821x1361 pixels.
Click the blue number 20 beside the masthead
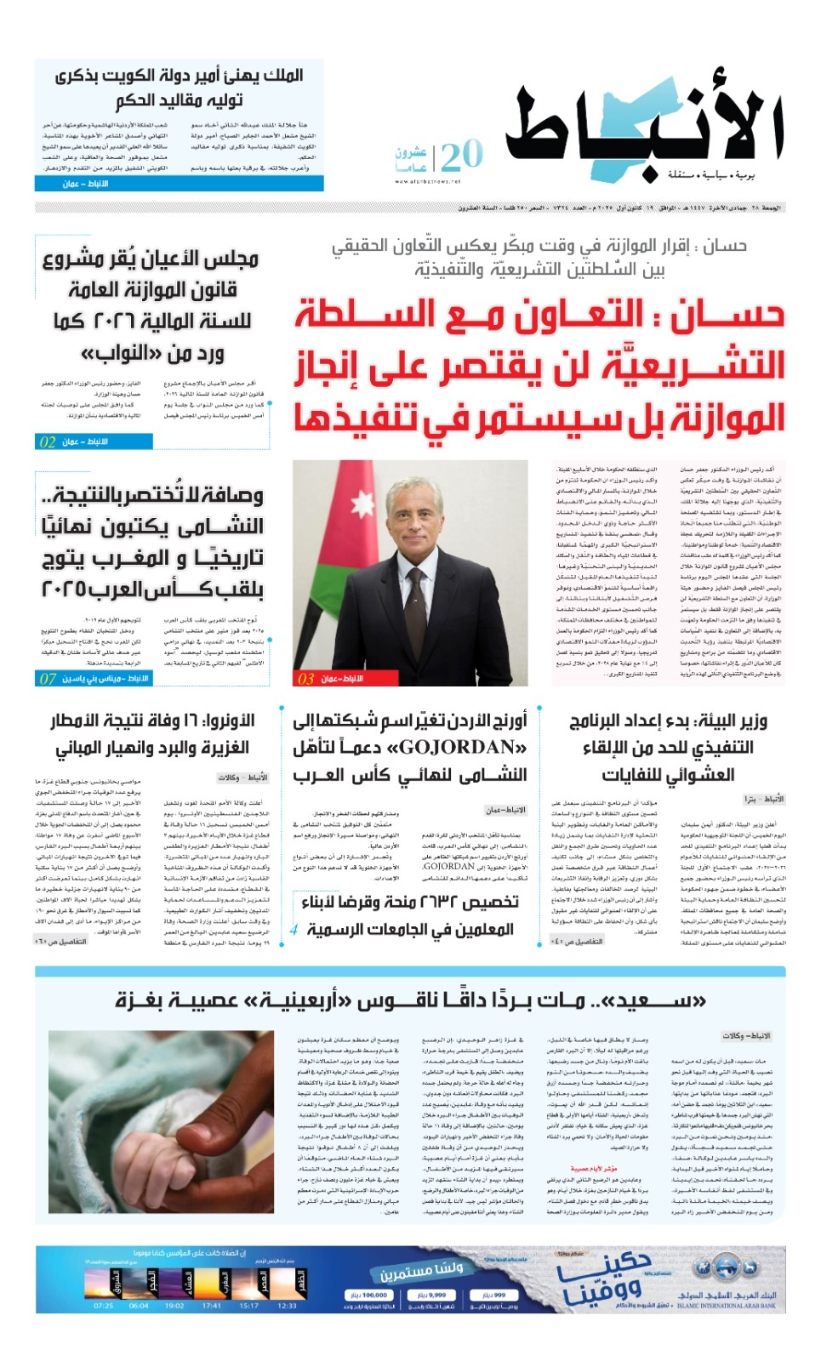coord(462,156)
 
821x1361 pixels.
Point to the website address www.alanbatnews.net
coord(427,181)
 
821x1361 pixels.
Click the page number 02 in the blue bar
coord(48,441)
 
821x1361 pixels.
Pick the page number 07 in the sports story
coord(48,678)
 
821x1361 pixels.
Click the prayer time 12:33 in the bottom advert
coord(288,1306)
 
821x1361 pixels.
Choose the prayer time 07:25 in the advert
coord(103,1306)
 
